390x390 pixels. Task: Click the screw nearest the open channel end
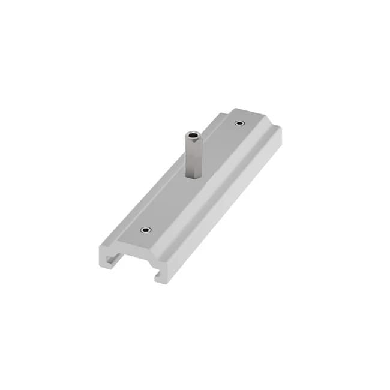point(145,230)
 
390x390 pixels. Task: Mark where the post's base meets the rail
point(193,178)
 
